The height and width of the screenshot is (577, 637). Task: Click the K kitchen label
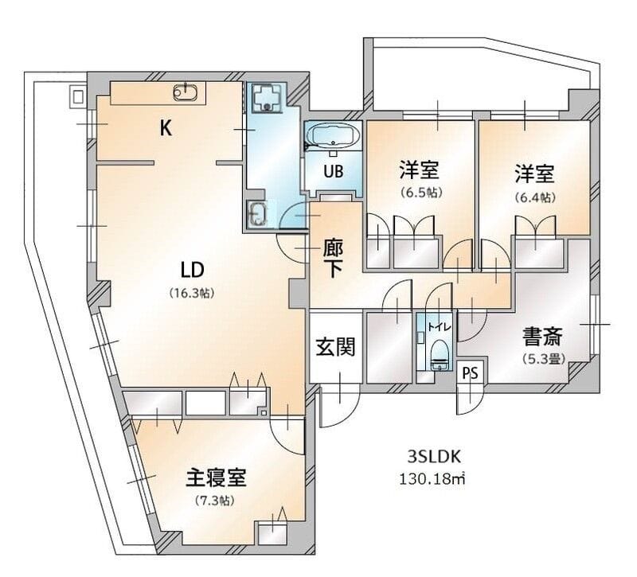[x=166, y=129]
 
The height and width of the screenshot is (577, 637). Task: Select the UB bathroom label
[x=334, y=171]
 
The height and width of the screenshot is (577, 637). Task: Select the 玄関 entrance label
[x=335, y=347]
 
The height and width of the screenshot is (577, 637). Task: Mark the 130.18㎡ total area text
[x=431, y=479]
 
